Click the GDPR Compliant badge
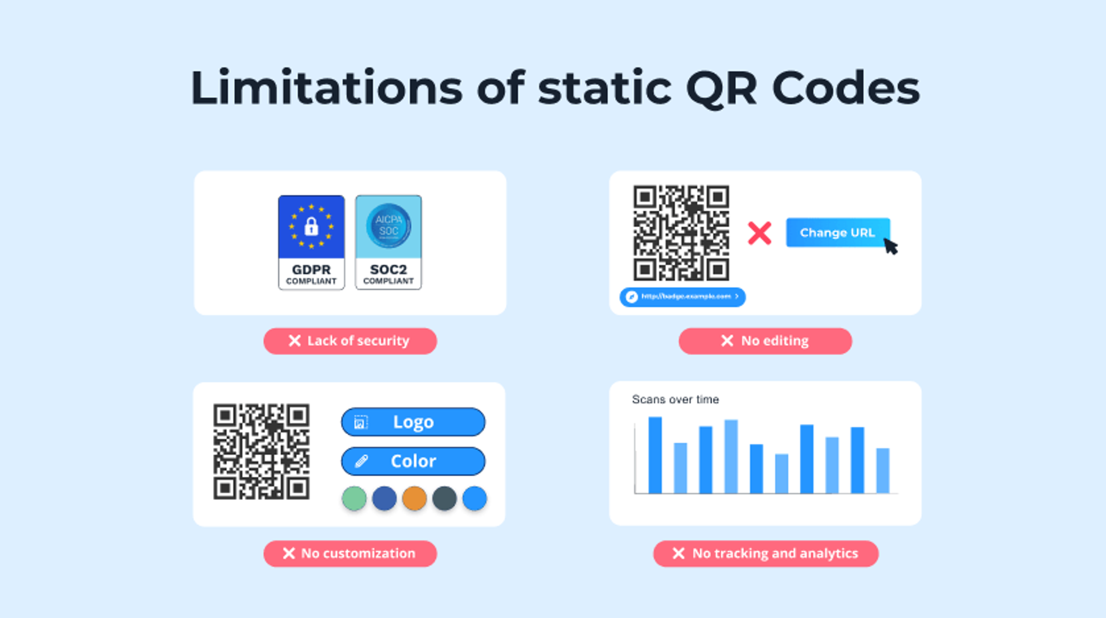point(311,242)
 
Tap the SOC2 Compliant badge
point(389,242)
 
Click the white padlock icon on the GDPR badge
point(311,226)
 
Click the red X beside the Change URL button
point(760,233)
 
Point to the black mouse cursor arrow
point(891,247)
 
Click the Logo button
point(413,422)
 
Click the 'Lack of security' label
point(350,341)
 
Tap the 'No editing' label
point(765,341)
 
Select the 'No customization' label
point(350,554)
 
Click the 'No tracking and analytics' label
point(766,554)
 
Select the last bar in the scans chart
point(883,471)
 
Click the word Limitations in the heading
point(326,88)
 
